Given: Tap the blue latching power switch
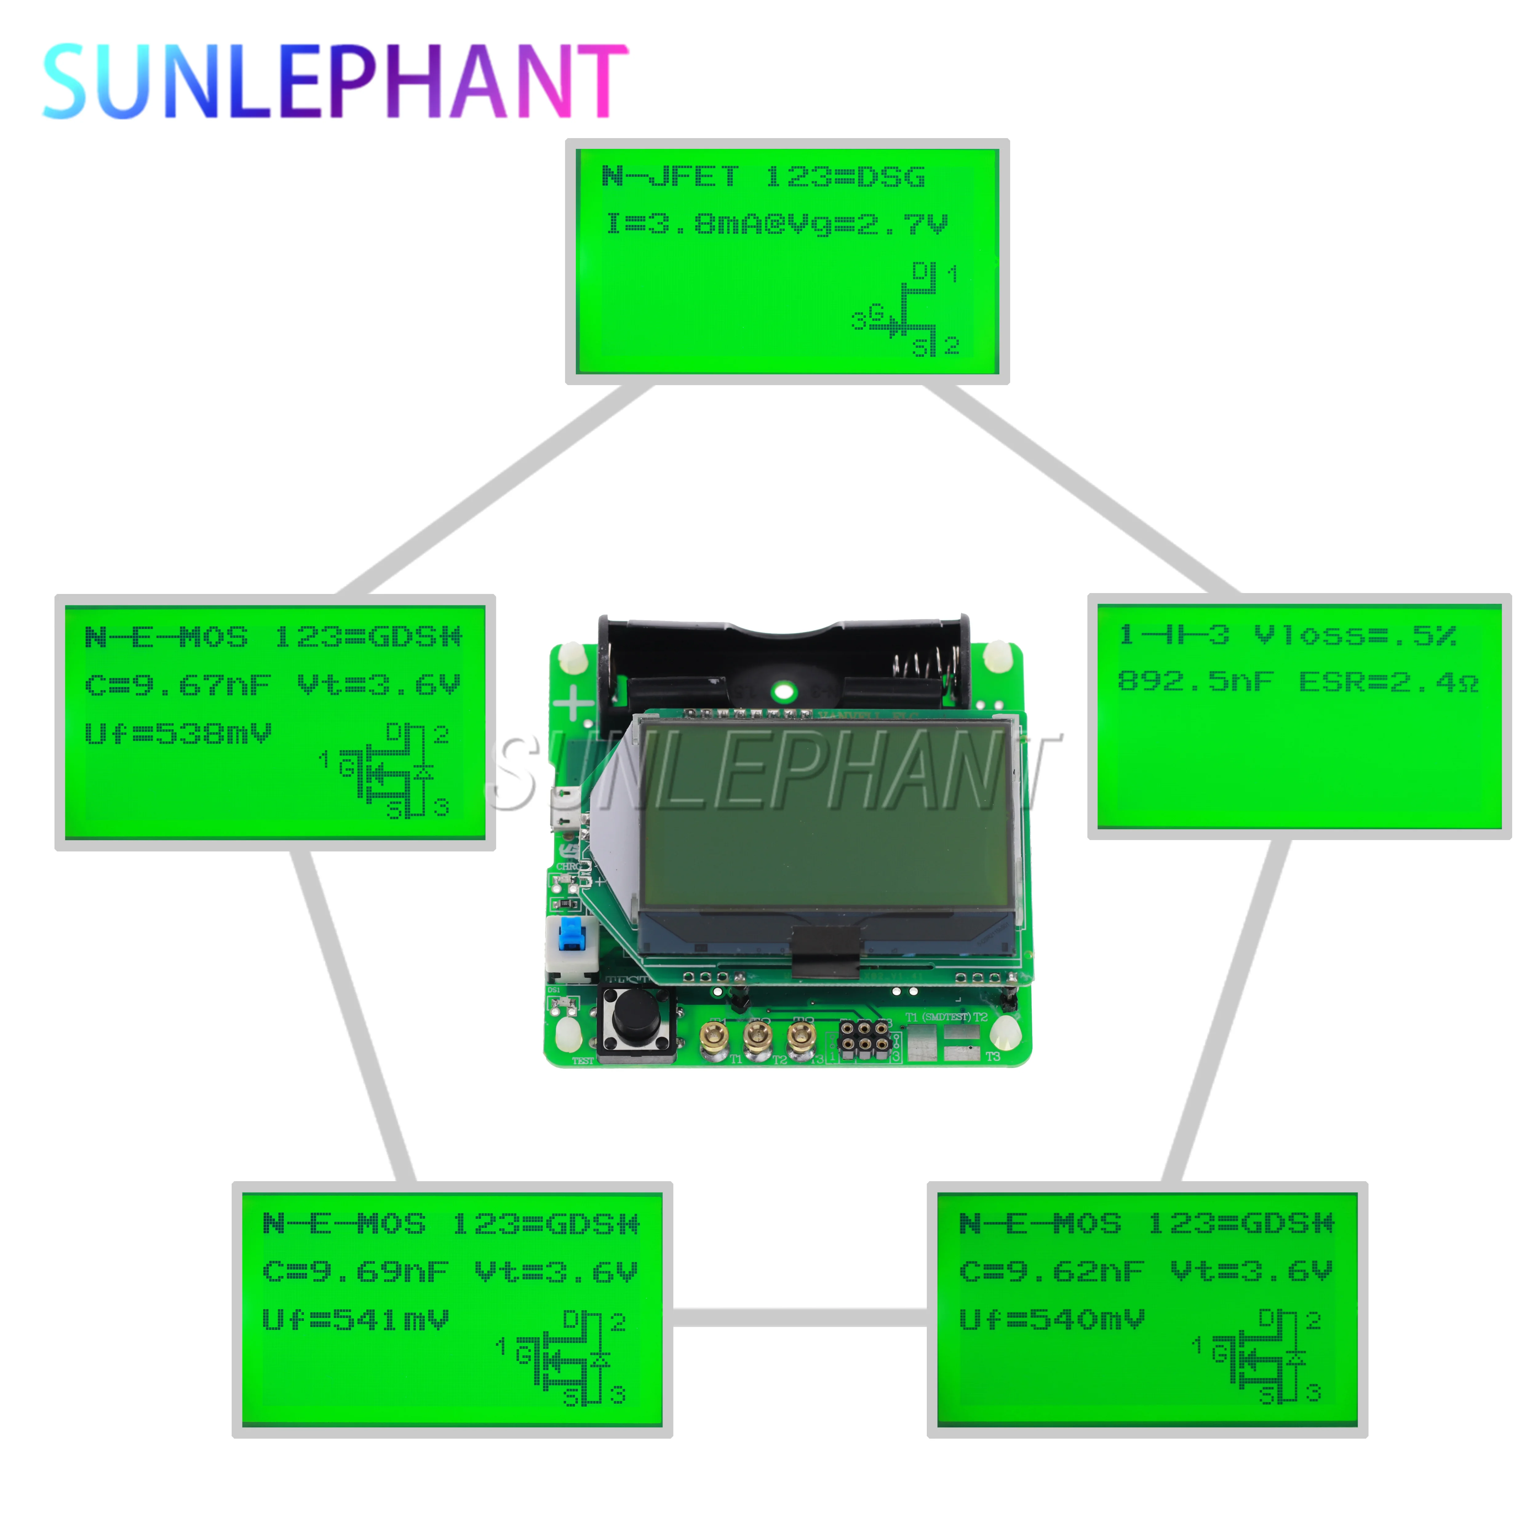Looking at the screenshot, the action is click(x=570, y=933).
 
